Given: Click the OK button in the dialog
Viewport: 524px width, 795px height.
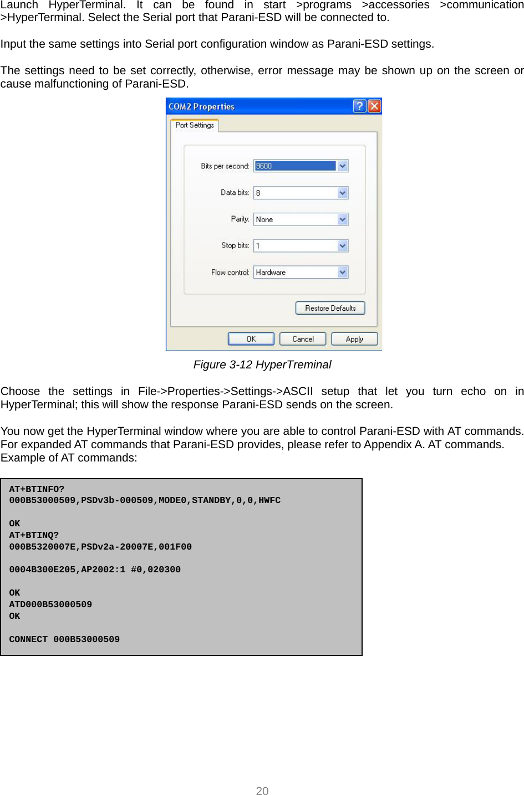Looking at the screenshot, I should click(x=251, y=339).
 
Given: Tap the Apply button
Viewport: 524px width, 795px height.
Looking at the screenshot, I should click(x=354, y=339).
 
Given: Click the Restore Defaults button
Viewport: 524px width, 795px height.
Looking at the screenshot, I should click(x=330, y=308).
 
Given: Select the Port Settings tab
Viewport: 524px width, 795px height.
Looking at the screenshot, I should click(x=195, y=125).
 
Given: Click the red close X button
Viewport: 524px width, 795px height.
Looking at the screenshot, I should click(x=375, y=106).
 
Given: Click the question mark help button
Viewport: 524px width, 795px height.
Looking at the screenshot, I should click(x=359, y=106).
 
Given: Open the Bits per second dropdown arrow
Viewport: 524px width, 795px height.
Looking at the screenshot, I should click(x=343, y=166).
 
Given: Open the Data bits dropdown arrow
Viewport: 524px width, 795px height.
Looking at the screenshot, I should click(x=343, y=193).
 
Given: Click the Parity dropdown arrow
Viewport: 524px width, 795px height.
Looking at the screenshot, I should click(x=343, y=219).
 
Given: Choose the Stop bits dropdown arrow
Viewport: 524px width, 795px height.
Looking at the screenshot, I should click(x=343, y=245).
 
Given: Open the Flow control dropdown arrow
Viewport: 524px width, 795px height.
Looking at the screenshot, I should click(x=343, y=272).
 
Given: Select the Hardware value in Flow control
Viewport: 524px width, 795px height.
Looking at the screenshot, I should click(x=271, y=272).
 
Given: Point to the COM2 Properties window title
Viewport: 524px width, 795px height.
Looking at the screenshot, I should click(x=202, y=106).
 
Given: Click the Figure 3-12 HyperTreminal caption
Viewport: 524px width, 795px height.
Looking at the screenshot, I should click(x=262, y=365).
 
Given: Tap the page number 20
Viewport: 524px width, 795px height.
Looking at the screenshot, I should click(x=262, y=791).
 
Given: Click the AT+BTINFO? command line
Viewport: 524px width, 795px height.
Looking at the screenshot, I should click(x=37, y=489).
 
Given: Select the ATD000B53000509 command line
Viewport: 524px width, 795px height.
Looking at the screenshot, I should click(x=50, y=604).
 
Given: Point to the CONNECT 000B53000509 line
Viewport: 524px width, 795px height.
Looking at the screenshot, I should click(x=64, y=639).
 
